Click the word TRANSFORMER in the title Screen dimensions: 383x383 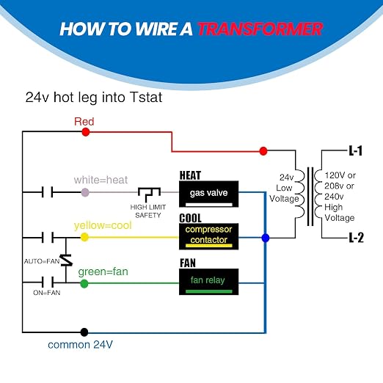[x=260, y=29]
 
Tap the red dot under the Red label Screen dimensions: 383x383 [x=86, y=132]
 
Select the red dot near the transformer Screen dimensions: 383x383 [x=263, y=151]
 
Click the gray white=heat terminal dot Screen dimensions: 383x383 [x=85, y=192]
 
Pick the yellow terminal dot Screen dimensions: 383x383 [x=84, y=237]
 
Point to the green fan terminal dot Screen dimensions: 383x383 [x=84, y=284]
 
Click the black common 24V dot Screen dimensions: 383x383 [x=84, y=332]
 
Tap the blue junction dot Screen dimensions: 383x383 [x=266, y=238]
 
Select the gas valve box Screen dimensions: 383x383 [x=208, y=194]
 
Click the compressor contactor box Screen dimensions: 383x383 [x=208, y=236]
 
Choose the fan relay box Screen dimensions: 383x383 [x=208, y=282]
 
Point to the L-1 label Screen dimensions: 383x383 [x=355, y=150]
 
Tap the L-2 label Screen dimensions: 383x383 [x=356, y=238]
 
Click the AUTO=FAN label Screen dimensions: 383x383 [x=42, y=261]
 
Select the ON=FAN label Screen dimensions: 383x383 [x=47, y=293]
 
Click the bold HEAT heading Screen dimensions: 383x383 [x=190, y=175]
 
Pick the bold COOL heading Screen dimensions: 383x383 [x=190, y=218]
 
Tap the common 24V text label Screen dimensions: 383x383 [x=80, y=345]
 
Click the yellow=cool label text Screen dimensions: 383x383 [x=103, y=225]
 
